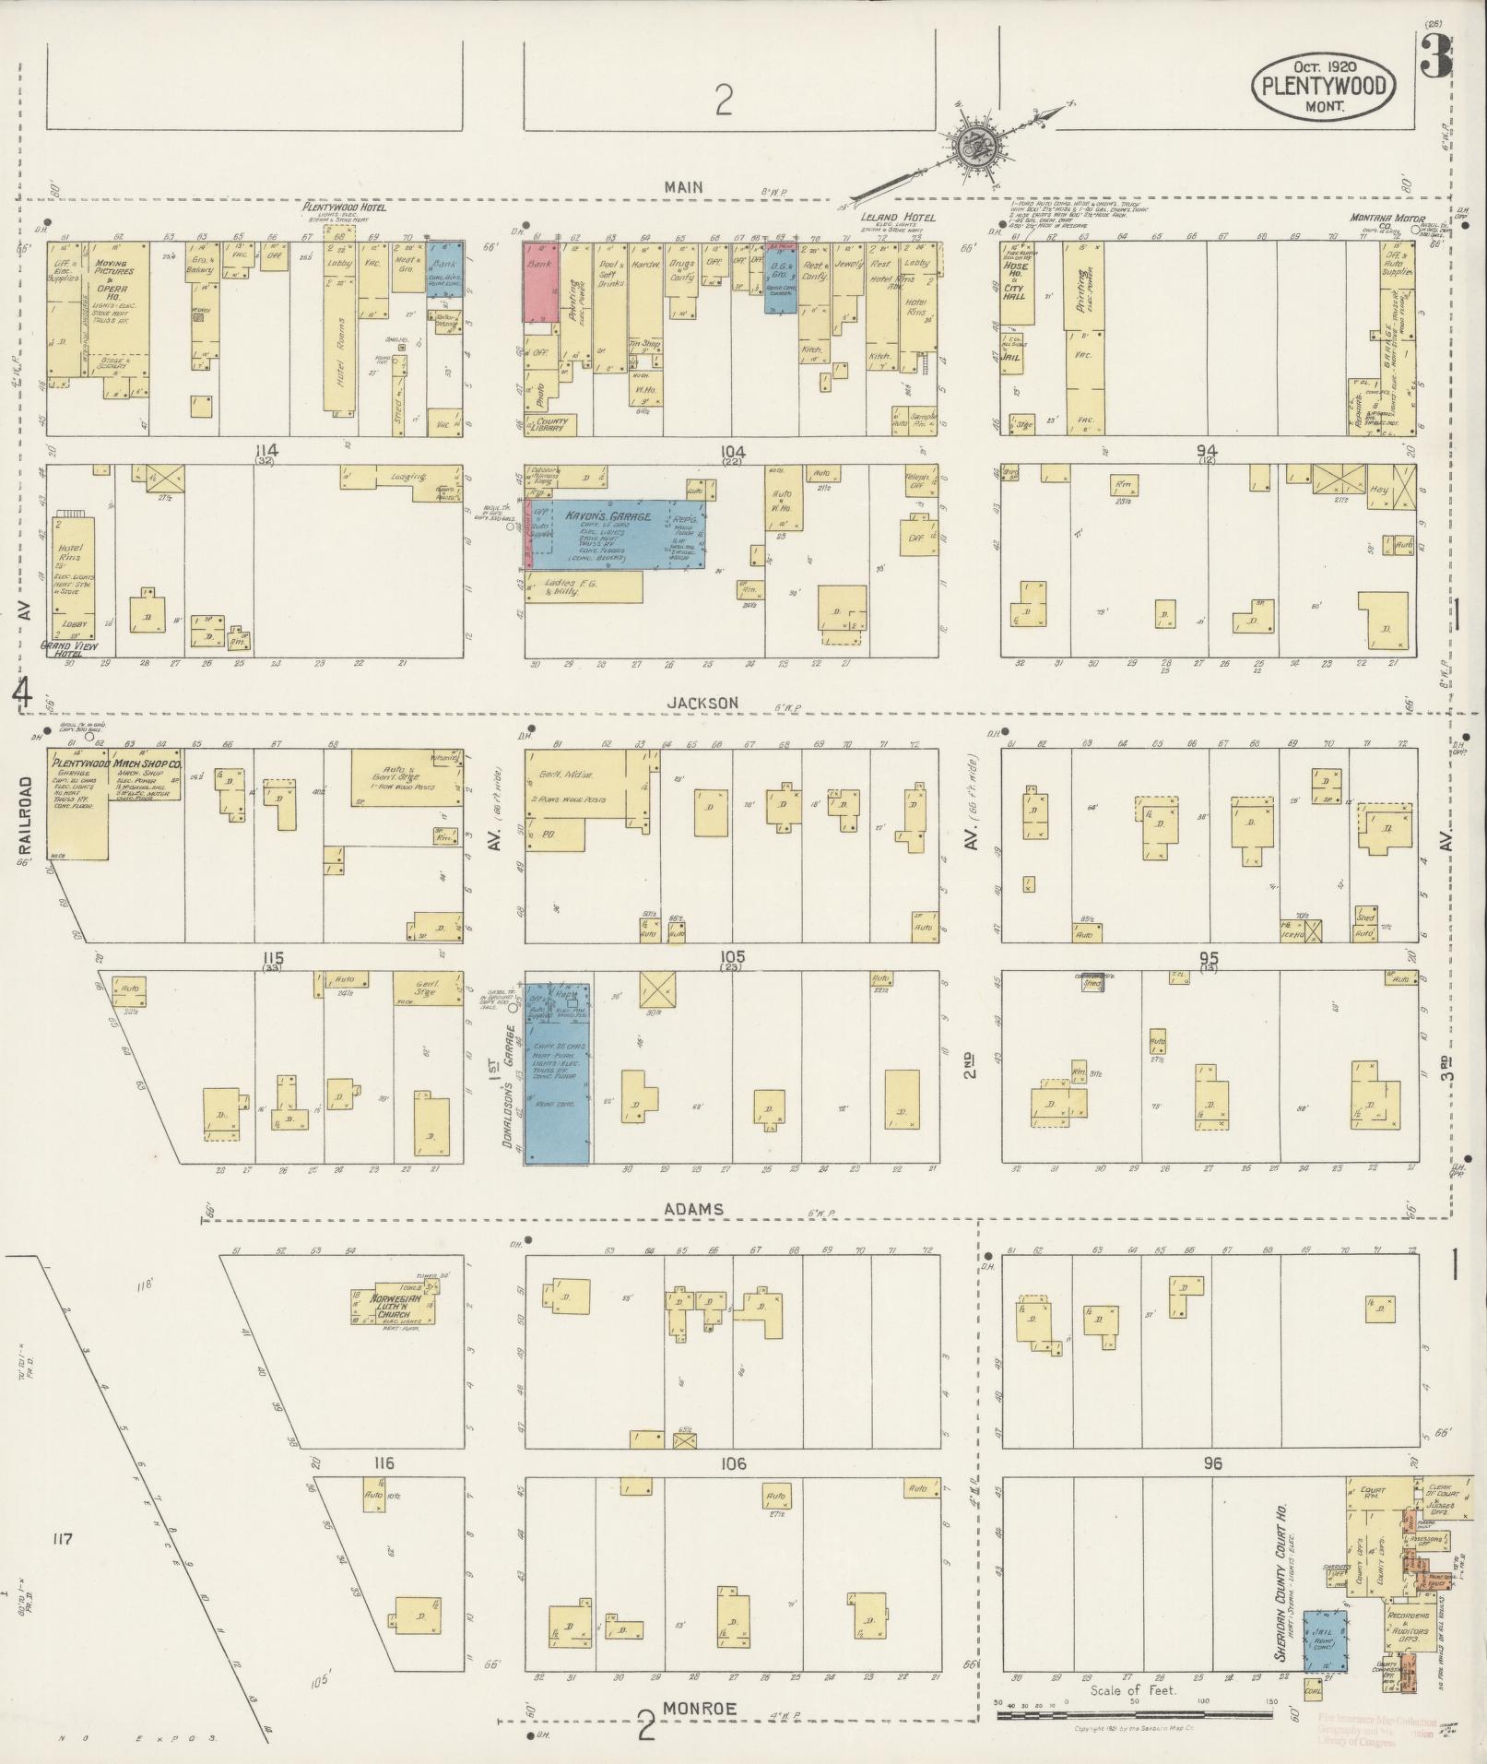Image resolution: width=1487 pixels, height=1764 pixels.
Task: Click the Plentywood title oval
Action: point(1323,85)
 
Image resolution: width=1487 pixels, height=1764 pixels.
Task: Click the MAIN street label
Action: point(684,187)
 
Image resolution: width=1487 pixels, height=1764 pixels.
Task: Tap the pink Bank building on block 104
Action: point(537,281)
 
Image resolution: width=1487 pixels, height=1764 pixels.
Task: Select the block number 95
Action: point(1209,957)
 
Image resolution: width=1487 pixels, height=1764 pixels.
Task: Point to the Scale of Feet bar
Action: point(1134,1715)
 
